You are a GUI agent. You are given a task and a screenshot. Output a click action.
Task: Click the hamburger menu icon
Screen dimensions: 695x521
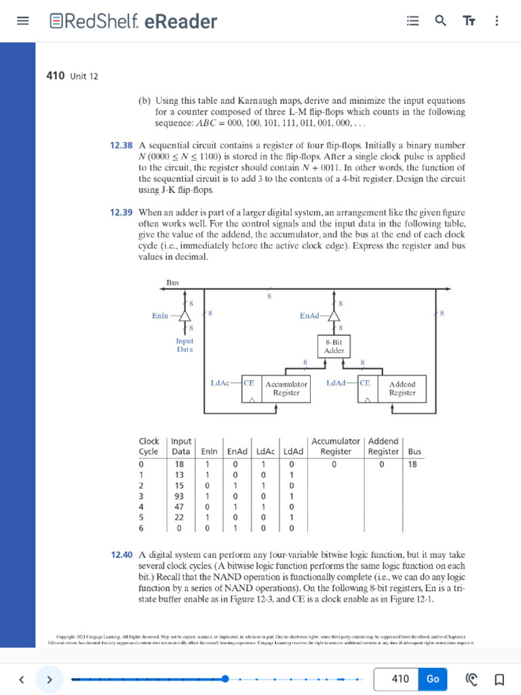[22, 21]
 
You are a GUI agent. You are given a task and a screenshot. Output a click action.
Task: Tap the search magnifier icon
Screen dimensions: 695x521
[441, 21]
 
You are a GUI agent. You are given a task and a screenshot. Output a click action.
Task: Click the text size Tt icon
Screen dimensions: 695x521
[469, 21]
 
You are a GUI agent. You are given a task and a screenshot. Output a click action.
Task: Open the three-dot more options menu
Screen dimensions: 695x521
[497, 21]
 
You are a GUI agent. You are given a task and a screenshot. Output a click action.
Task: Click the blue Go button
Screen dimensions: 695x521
[433, 679]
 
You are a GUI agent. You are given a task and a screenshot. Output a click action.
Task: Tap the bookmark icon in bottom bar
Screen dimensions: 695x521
[499, 679]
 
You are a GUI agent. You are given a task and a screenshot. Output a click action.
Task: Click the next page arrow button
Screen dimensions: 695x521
[49, 679]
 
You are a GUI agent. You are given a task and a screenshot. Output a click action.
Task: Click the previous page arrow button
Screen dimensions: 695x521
[22, 679]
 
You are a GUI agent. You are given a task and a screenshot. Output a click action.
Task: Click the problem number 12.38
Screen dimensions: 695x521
[121, 145]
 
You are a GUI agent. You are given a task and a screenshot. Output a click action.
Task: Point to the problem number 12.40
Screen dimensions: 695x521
[121, 555]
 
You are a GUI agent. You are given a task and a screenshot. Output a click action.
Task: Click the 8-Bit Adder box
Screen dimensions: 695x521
[334, 347]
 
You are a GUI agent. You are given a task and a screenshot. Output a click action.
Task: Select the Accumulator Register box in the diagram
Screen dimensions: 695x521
[286, 388]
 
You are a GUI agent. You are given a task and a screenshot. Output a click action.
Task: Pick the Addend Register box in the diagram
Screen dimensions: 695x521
[402, 388]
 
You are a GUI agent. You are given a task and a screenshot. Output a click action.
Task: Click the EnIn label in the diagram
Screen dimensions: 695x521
[161, 316]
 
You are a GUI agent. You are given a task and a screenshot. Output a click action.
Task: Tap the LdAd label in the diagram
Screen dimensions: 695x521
[336, 383]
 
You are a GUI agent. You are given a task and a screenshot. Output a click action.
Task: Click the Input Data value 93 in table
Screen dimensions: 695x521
[180, 496]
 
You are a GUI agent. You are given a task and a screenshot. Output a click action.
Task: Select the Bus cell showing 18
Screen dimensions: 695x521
[413, 464]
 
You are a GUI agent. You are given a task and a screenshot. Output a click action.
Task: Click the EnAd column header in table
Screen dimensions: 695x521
[237, 451]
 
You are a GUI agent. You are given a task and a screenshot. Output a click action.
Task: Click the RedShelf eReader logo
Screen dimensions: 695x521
[134, 22]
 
